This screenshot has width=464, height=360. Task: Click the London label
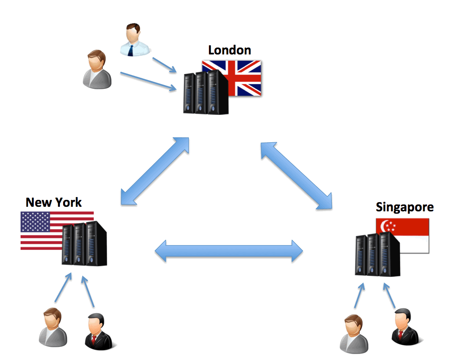pos(229,50)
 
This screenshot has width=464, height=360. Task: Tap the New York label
pos(53,202)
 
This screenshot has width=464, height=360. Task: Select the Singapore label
pos(405,207)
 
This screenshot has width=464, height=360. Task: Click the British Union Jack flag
pos(242,78)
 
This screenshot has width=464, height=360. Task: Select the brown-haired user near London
pos(97,70)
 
